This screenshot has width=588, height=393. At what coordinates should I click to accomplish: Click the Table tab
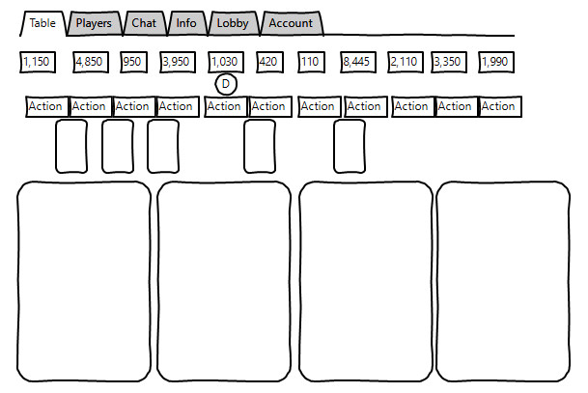(42, 23)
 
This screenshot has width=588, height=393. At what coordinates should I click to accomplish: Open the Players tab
(94, 23)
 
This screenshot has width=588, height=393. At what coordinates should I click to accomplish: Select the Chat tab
(145, 23)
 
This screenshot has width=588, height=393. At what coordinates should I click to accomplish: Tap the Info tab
(186, 23)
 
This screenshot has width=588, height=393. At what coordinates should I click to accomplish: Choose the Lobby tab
(234, 23)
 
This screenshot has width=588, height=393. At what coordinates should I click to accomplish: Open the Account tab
(291, 23)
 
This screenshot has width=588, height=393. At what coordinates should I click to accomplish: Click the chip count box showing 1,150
(38, 62)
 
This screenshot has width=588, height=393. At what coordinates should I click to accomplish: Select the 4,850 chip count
(91, 62)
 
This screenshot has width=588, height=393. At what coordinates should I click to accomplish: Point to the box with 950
(133, 62)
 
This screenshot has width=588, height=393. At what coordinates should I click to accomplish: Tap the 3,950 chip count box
(178, 62)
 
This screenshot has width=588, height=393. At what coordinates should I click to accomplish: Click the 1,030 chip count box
(226, 62)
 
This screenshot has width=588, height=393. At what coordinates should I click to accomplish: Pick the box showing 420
(269, 62)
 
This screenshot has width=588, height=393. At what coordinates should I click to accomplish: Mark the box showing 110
(311, 62)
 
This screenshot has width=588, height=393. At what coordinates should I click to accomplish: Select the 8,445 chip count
(358, 62)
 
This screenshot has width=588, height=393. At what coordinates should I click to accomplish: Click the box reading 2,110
(406, 62)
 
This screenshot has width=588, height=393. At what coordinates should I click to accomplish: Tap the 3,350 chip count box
(449, 62)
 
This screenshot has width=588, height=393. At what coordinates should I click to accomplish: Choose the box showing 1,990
(496, 62)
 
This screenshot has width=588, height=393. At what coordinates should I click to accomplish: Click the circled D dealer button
(226, 84)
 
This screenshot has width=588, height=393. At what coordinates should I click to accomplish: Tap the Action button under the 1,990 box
(500, 106)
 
